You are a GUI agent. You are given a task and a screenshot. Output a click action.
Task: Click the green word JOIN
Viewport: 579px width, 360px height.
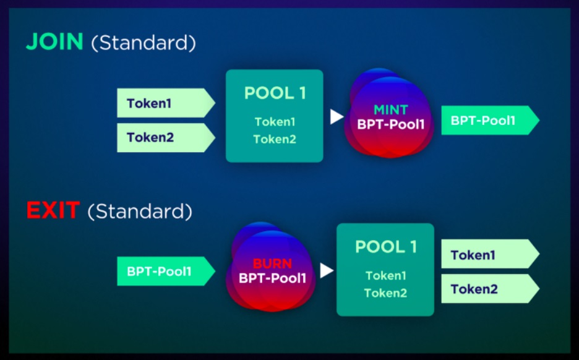pos(54,41)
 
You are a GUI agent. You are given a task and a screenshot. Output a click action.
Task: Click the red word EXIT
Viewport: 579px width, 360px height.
pos(53,210)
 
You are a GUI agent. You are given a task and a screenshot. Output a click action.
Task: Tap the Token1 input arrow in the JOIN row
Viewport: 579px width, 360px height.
pos(166,103)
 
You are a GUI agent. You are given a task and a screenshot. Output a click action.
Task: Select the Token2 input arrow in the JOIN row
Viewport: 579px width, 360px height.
pos(166,138)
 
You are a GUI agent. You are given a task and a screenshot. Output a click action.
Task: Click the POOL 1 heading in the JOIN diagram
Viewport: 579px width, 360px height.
pos(275,93)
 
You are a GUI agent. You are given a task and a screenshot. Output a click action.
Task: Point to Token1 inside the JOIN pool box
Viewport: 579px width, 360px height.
pos(275,122)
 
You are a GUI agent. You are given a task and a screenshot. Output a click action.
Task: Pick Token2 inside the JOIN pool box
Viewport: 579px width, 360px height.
pos(275,139)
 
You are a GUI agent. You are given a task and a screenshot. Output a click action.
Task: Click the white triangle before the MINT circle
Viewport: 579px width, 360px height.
pos(336,117)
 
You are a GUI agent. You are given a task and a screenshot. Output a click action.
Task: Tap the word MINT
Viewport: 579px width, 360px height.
pos(391,109)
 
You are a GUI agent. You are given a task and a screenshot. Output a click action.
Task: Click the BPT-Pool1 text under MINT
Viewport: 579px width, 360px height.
pos(391,124)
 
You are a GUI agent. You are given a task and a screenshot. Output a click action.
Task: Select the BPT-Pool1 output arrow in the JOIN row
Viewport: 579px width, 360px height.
pos(491,121)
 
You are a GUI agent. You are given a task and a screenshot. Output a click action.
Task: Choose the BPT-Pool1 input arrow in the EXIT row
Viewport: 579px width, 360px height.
pos(166,271)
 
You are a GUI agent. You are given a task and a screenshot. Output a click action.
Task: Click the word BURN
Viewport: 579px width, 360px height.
pos(273,264)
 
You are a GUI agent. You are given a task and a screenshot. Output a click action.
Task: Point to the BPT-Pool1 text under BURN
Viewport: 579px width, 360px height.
pos(273,278)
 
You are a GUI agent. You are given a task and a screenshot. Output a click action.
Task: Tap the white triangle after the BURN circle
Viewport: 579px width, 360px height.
pos(327,270)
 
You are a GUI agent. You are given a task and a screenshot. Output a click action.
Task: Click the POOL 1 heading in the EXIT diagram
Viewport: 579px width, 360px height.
pos(386,247)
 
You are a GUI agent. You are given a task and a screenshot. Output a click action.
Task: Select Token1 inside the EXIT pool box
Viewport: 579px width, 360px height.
pos(386,275)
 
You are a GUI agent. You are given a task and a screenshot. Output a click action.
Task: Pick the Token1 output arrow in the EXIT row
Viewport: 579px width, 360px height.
pos(491,254)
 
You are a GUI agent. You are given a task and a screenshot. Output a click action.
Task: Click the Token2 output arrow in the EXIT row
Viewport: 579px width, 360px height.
pos(491,288)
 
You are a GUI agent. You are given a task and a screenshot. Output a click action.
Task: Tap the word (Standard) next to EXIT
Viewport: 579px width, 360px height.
pos(140,212)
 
